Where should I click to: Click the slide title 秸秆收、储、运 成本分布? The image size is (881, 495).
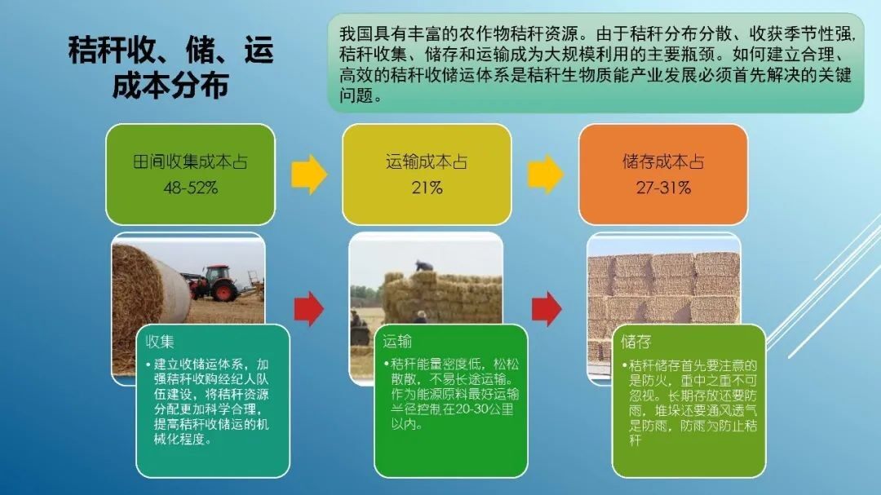pyautogui.click(x=170, y=67)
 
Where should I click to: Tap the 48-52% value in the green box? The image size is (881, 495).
pyautogui.click(x=190, y=188)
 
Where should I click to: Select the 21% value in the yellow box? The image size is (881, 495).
pyautogui.click(x=427, y=188)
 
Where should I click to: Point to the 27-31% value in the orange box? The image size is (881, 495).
pyautogui.click(x=663, y=188)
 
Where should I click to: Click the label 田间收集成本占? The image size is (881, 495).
pyautogui.click(x=190, y=161)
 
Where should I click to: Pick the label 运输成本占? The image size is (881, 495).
pyautogui.click(x=427, y=161)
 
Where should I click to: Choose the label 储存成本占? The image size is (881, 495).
pyautogui.click(x=663, y=161)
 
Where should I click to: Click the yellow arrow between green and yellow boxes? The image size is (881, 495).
pyautogui.click(x=309, y=175)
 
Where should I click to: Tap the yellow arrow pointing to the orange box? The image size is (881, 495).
pyautogui.click(x=546, y=175)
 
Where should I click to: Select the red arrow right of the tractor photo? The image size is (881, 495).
pyautogui.click(x=309, y=308)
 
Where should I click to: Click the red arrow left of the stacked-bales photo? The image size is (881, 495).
pyautogui.click(x=547, y=308)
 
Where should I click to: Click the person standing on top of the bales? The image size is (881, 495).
pyautogui.click(x=423, y=266)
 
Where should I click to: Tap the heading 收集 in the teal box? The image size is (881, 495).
pyautogui.click(x=160, y=342)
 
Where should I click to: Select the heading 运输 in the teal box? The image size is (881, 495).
pyautogui.click(x=397, y=341)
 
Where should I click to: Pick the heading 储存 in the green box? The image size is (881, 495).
pyautogui.click(x=636, y=342)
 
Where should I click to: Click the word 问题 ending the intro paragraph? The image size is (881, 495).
pyautogui.click(x=355, y=95)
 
